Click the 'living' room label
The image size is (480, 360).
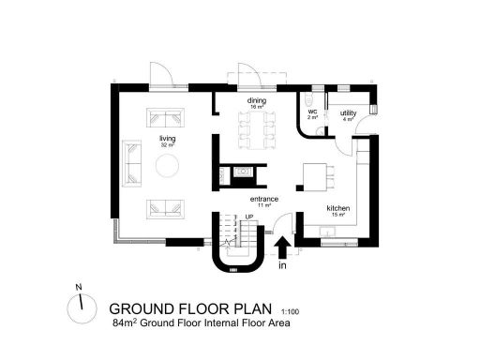point(168,138)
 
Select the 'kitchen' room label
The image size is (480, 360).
point(337,207)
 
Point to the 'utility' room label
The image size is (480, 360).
point(348,112)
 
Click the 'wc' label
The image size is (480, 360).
point(313,112)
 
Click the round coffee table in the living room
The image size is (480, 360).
point(169,167)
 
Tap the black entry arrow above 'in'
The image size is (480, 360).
point(282,247)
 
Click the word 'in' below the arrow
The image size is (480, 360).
point(282,266)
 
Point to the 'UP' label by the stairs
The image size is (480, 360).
point(248,217)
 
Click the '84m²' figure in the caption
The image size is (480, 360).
point(125,322)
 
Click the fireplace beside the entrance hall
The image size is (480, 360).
point(242,173)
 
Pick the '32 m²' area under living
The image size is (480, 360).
point(168,145)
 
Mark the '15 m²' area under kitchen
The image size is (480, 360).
point(337,215)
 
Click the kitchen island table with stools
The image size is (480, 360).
point(317,174)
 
